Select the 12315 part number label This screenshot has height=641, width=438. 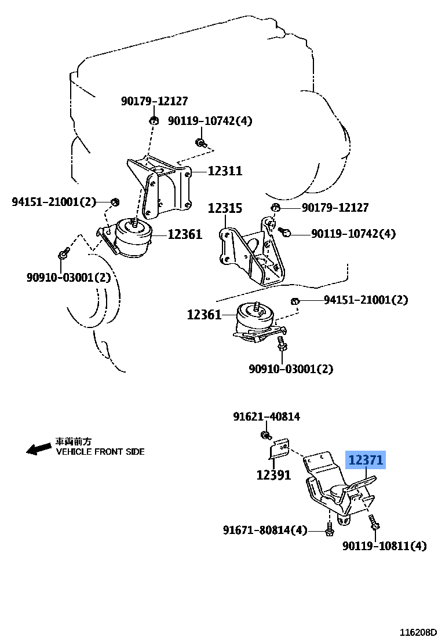coord(225,208)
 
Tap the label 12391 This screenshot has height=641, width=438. coord(273,475)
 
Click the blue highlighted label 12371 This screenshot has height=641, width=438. coord(366,461)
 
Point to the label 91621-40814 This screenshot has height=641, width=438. coord(267,417)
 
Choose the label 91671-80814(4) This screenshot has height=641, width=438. coord(265,529)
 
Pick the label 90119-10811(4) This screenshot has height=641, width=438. coord(384,546)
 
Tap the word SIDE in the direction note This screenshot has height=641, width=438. coord(134,451)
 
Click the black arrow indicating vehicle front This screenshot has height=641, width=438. coord(38,449)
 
